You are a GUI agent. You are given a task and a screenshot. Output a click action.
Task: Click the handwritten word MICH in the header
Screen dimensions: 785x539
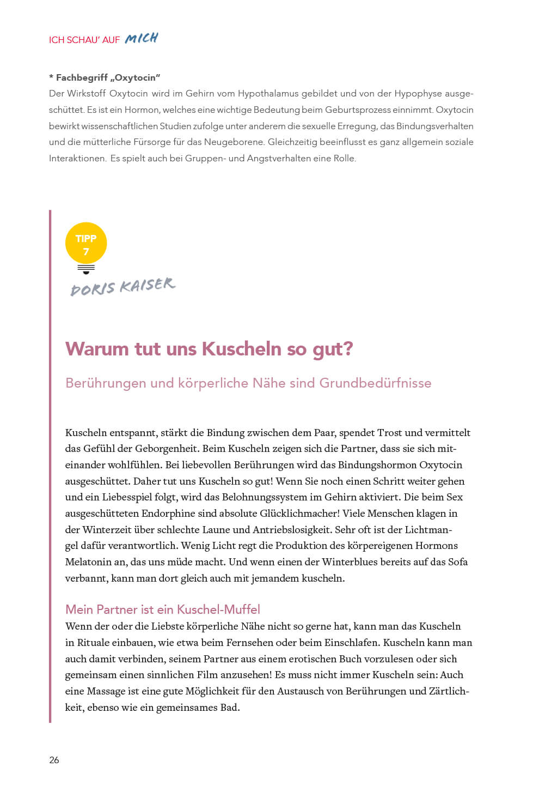coord(141,38)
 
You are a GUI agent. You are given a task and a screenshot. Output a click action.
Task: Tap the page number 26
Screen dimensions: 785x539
coord(54,760)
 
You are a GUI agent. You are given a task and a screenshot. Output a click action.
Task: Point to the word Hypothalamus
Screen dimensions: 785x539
coord(269,93)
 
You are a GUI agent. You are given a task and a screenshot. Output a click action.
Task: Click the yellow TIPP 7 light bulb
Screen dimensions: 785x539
coord(86,245)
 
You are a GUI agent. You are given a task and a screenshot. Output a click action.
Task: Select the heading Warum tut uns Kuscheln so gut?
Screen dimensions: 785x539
coord(209,348)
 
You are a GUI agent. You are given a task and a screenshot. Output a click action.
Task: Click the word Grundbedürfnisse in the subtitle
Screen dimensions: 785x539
coord(375,383)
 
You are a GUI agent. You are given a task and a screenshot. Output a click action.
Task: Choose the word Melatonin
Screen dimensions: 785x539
coord(90,562)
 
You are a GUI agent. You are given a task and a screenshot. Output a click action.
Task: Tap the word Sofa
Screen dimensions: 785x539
coord(458,562)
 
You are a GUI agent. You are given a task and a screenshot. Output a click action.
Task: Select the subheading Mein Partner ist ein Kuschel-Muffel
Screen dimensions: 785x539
coord(163,609)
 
